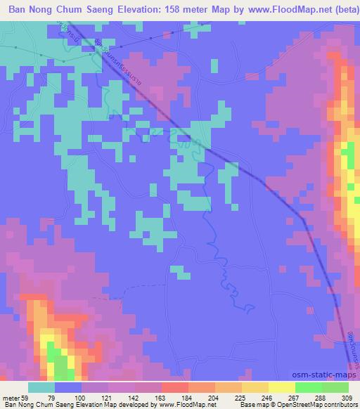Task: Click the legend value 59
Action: pos(27,397)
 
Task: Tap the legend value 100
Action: pos(81,397)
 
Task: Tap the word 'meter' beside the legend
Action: pos(11,397)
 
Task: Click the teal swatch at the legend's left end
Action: pos(41,387)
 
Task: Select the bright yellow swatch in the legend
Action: pos(281,387)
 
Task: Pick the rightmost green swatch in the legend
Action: pos(335,387)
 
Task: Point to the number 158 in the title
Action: pos(176,9)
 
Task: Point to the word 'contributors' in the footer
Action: pos(343,405)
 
